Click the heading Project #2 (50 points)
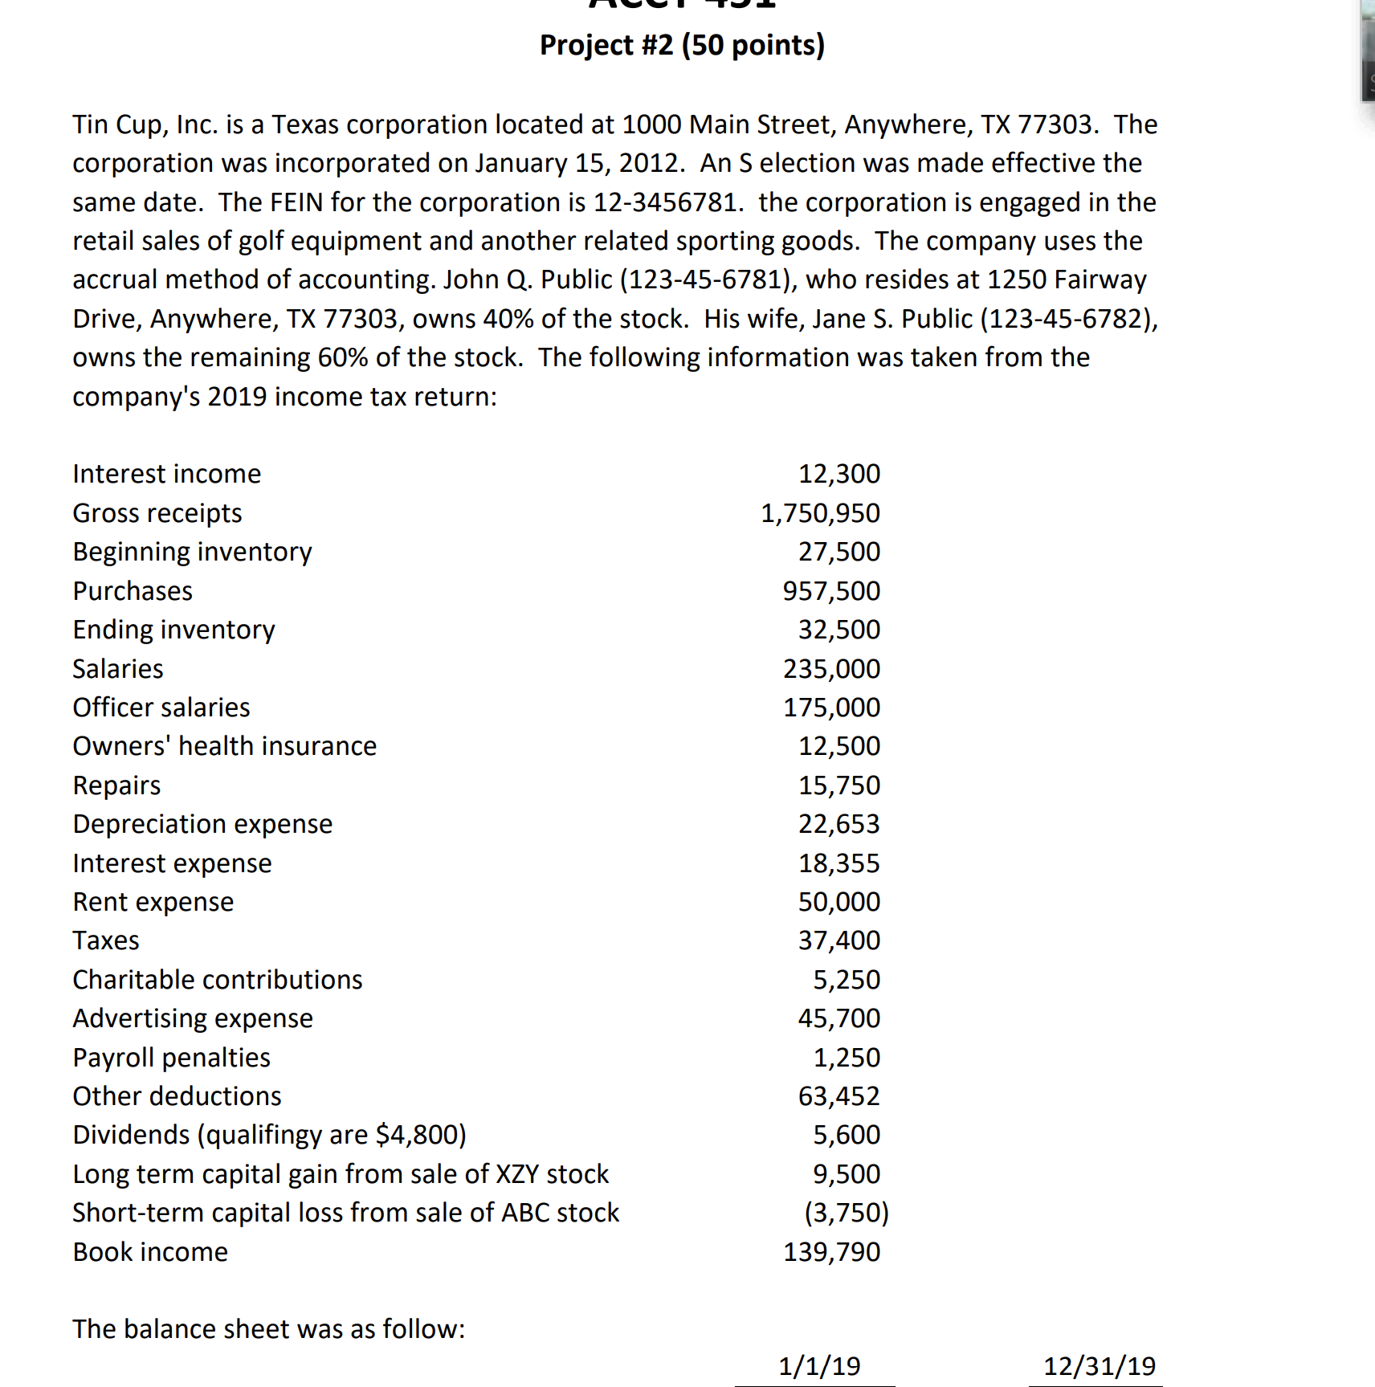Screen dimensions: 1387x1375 click(682, 45)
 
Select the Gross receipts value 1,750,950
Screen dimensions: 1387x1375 click(820, 513)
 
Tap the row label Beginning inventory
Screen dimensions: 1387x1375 click(192, 552)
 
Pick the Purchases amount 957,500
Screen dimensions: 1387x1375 click(831, 591)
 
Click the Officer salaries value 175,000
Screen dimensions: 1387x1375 click(831, 708)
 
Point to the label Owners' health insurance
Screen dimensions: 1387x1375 click(224, 746)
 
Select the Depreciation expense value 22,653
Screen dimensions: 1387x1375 click(838, 824)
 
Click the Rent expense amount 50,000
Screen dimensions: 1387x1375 click(838, 902)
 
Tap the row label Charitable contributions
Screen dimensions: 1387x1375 click(217, 980)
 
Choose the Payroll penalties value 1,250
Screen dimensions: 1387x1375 click(847, 1058)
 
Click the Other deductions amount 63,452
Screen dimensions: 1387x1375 click(838, 1096)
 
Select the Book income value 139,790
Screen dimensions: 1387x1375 click(831, 1252)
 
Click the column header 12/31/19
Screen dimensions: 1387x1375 click(1099, 1366)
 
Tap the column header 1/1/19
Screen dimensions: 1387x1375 click(819, 1366)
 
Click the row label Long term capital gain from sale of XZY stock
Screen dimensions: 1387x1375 click(341, 1174)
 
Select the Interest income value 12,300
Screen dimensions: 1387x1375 click(838, 474)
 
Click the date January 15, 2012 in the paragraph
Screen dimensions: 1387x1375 click(578, 163)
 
